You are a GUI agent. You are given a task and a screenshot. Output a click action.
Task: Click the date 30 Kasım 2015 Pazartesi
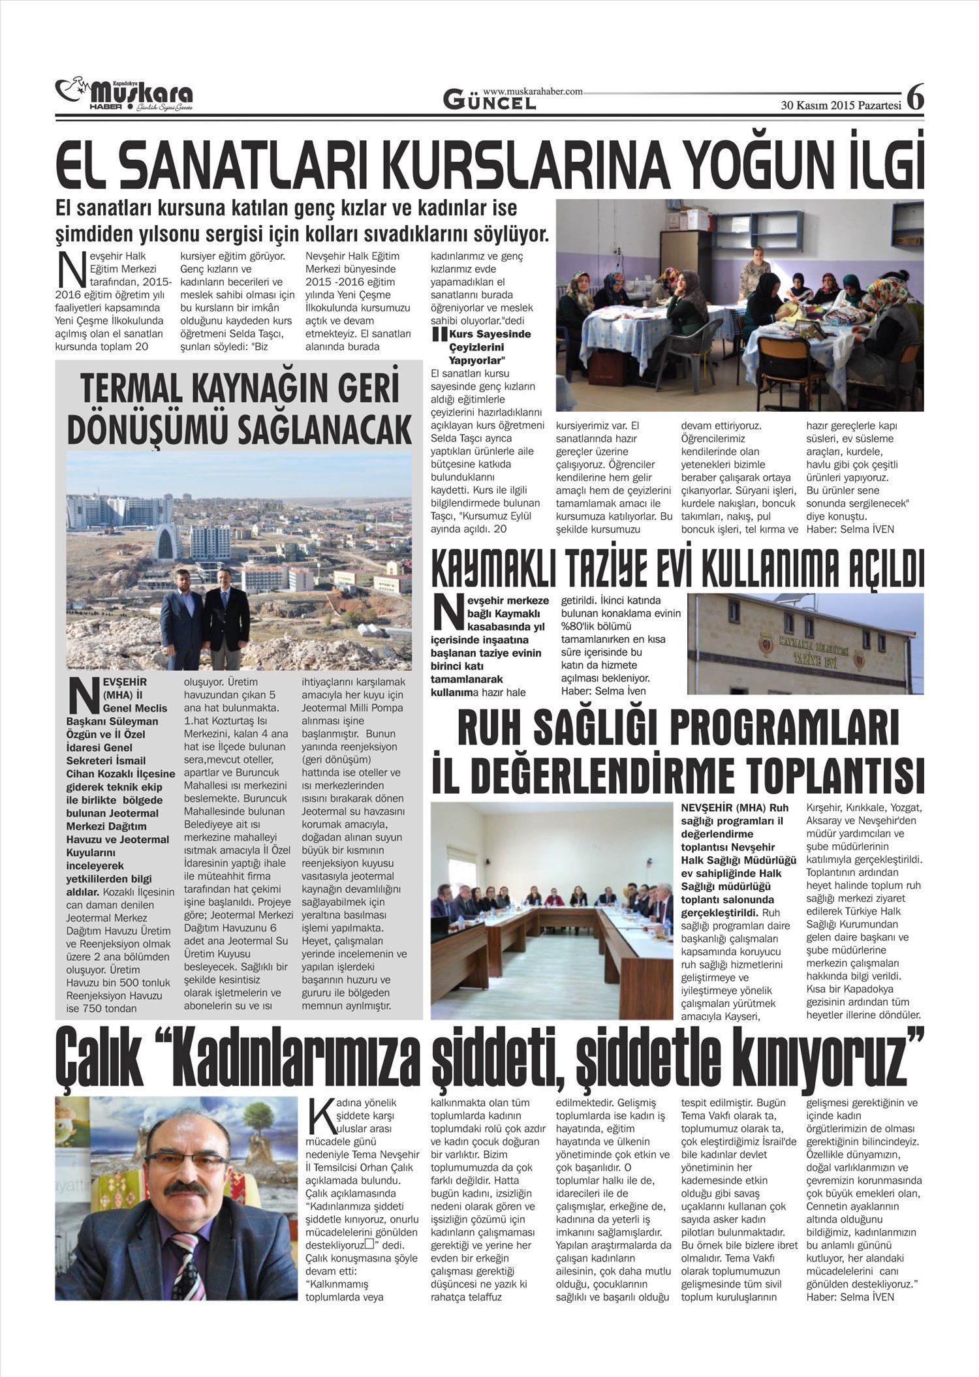point(841,104)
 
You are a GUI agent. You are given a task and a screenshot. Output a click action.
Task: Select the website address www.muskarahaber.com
point(533,91)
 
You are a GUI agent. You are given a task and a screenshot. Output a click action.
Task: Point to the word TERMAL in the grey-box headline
point(140,389)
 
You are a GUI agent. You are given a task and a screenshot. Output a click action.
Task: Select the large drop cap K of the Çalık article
point(318,1115)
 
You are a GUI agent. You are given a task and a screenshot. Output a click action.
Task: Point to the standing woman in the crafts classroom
point(757,274)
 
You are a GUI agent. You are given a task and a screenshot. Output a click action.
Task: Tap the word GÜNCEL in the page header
point(489,100)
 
